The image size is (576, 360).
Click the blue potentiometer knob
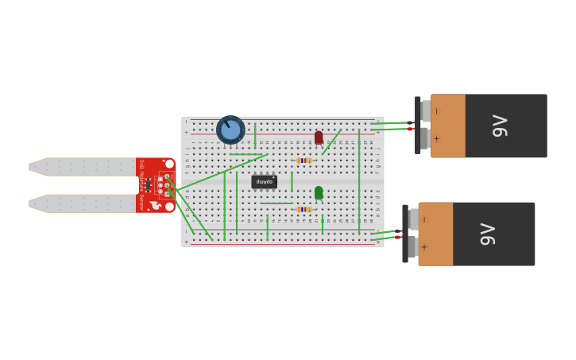[x=230, y=130]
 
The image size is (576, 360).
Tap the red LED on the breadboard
[x=319, y=137]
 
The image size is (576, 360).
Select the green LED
[x=319, y=192]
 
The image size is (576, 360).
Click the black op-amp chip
[x=264, y=182]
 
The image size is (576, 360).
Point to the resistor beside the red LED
[x=303, y=161]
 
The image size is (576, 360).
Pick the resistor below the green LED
[x=303, y=209]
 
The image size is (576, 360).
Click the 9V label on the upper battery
[x=500, y=126]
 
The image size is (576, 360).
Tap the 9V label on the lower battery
[x=488, y=234]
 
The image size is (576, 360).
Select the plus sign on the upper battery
[x=436, y=138]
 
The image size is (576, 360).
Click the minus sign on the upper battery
[x=436, y=111]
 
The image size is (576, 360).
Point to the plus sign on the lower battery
[x=423, y=246]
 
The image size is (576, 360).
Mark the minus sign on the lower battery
[x=423, y=219]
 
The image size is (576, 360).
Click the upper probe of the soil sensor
[x=83, y=167]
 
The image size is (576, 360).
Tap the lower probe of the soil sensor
[x=83, y=203]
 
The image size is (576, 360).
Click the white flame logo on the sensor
[x=155, y=205]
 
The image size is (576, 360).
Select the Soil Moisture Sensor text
[x=141, y=184]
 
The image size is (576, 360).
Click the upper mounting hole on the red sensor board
[x=169, y=163]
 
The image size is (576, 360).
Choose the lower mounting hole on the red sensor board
[x=169, y=207]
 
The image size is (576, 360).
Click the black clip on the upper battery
[x=418, y=125]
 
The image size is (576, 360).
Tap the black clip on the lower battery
[x=405, y=234]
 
